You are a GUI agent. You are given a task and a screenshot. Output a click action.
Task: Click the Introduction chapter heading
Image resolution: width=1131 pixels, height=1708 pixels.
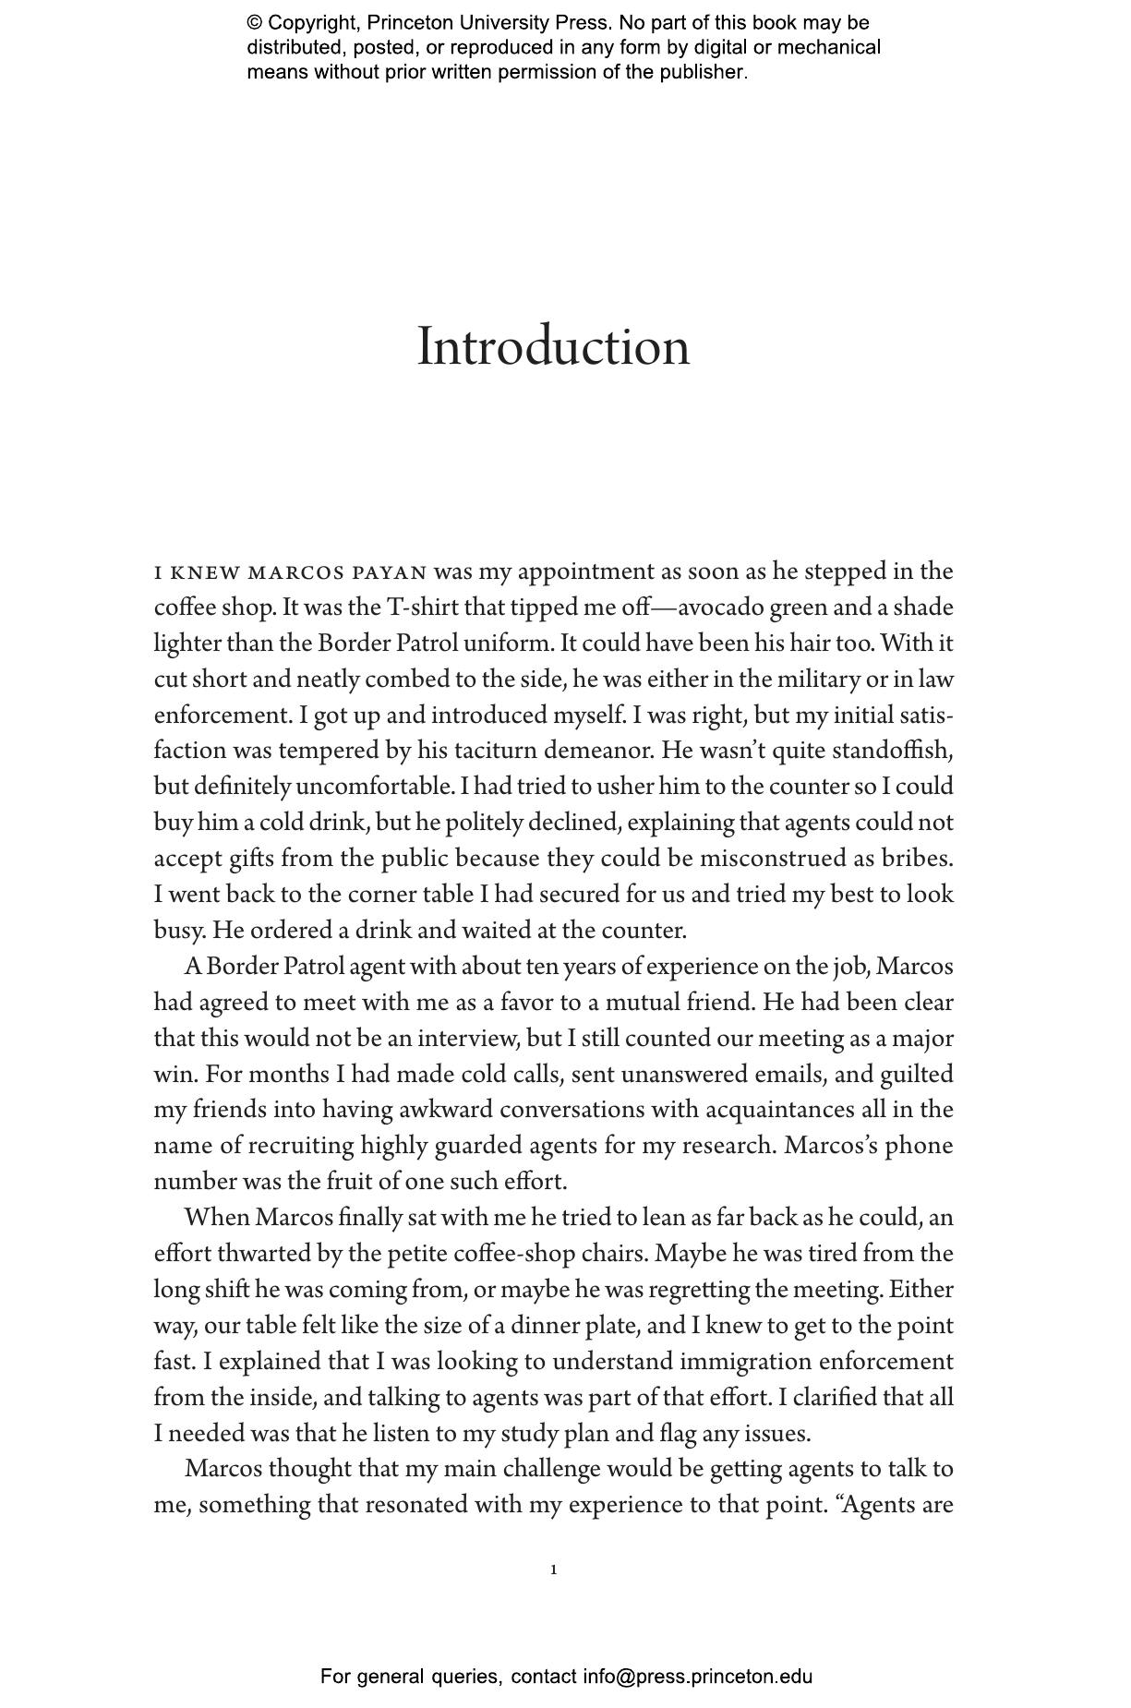point(553,347)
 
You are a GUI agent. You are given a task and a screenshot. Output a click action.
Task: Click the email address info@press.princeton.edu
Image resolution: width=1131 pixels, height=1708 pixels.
point(697,1676)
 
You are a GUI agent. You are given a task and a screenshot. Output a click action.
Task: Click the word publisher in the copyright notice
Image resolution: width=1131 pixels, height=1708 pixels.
point(701,72)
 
